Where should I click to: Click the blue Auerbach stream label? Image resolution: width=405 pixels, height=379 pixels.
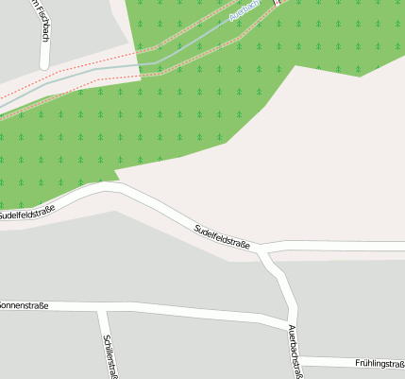(x=244, y=11)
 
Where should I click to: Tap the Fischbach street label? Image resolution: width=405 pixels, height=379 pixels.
(x=42, y=21)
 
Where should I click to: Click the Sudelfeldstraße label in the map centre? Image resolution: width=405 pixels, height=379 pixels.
(x=222, y=235)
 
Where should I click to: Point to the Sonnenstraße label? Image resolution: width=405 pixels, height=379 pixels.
(x=24, y=305)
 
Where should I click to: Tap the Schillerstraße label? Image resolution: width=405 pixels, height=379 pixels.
(x=110, y=355)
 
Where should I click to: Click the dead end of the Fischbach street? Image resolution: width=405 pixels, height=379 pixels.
(x=44, y=65)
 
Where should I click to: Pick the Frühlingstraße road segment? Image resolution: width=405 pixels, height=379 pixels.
(x=330, y=361)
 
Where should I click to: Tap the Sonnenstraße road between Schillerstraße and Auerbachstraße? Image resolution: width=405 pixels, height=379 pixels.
(x=189, y=315)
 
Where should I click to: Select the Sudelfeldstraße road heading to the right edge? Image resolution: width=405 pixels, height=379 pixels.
(x=340, y=248)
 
